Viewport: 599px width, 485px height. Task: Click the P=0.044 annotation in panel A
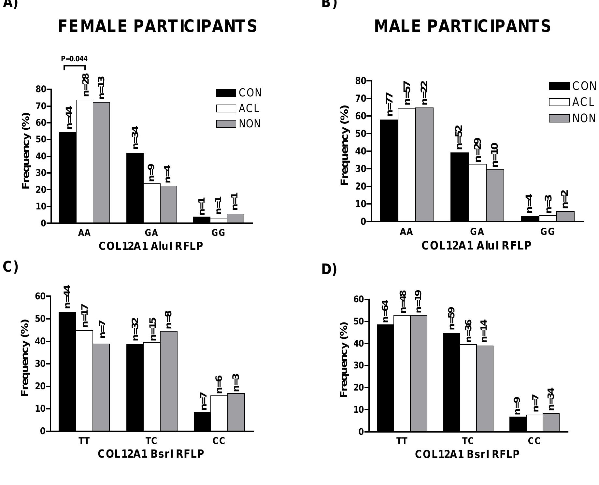pos(74,59)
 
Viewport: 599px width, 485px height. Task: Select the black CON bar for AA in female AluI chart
pos(68,178)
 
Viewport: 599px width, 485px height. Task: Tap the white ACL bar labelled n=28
pos(85,161)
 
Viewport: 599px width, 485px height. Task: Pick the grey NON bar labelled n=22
pos(424,164)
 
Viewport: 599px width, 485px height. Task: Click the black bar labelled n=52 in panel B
pos(459,187)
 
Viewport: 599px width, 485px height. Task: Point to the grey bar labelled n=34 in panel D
pos(551,422)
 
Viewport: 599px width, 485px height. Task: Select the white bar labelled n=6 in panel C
pos(219,413)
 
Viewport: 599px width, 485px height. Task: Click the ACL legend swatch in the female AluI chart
pos(226,108)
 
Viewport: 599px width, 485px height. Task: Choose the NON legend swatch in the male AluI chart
pos(559,118)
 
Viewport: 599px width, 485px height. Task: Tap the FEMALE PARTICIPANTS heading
pos(158,26)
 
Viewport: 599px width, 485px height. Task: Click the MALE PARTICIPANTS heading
pos(463,26)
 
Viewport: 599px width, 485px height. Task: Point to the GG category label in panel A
pos(218,233)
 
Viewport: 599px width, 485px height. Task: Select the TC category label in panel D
pos(468,441)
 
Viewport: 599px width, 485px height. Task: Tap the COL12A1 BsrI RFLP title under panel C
pos(151,454)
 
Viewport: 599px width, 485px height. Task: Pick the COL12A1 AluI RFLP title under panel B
pos(476,246)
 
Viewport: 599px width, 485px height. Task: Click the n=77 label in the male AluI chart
pos(390,105)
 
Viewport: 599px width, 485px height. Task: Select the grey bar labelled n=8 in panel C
pos(169,381)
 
